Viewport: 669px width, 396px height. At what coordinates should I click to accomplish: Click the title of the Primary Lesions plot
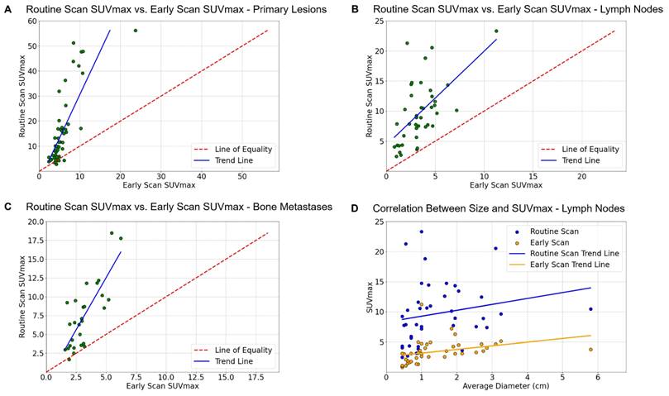(x=175, y=9)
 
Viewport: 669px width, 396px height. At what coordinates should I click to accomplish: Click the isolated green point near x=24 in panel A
(x=135, y=30)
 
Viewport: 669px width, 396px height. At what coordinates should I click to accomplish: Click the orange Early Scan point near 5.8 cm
(x=590, y=350)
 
